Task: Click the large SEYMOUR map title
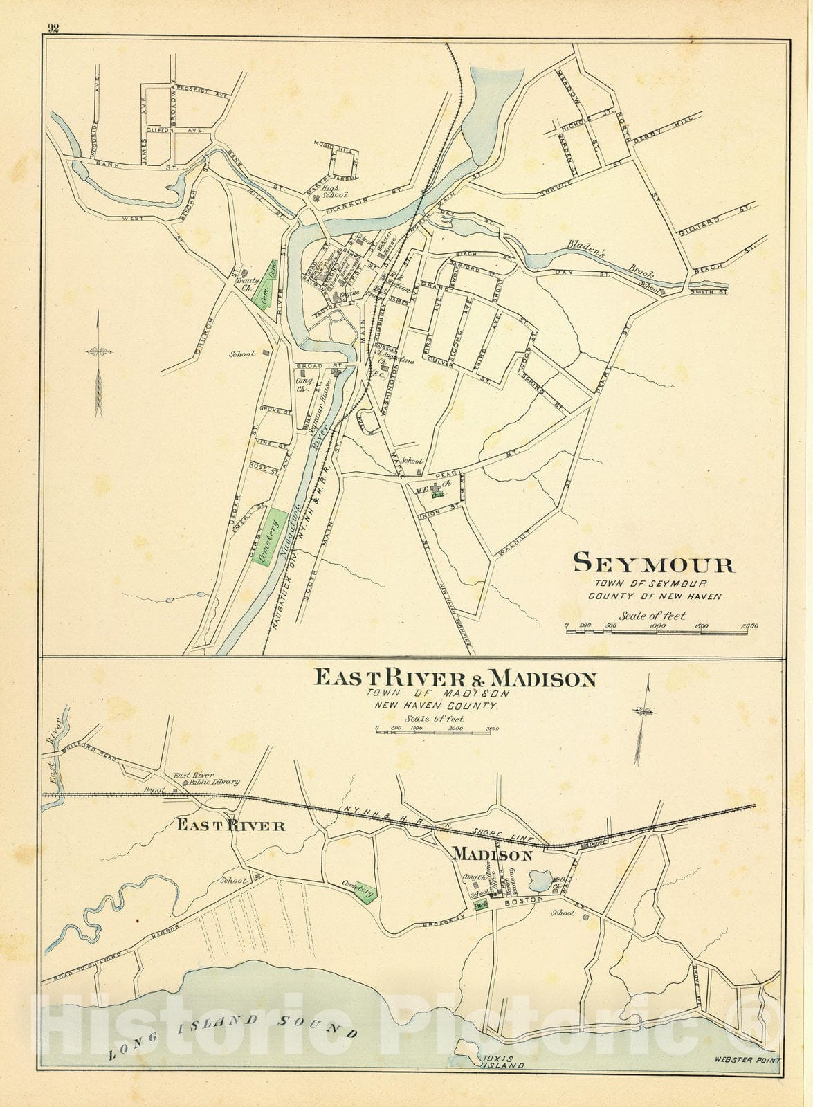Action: [x=653, y=564]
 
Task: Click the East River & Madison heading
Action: [x=455, y=678]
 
